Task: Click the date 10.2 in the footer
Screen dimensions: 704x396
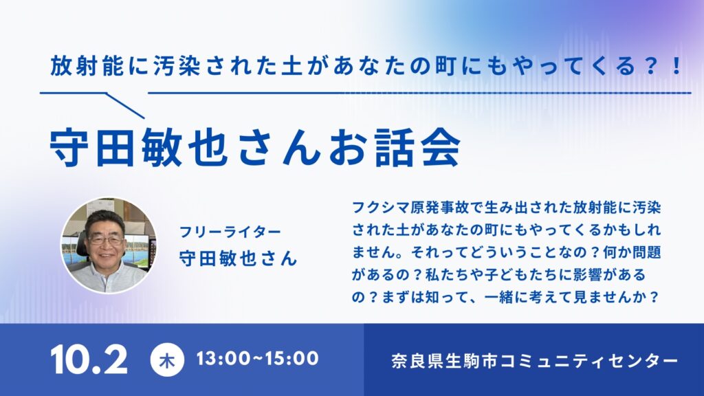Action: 89,360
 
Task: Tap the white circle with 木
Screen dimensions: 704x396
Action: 167,360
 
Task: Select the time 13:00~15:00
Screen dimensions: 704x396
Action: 257,359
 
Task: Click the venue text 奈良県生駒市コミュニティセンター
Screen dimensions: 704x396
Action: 534,360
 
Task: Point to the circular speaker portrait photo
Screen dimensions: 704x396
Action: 109,245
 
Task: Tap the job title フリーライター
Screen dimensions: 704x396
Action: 230,232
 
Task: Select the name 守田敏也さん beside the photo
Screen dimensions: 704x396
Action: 238,258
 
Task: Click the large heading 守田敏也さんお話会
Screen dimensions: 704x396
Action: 255,148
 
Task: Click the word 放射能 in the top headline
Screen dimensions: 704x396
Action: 87,66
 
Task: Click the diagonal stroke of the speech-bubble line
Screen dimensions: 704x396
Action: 125,105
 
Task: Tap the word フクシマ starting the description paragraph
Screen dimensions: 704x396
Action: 381,208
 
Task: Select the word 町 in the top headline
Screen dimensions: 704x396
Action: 445,66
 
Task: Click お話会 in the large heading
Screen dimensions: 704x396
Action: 395,148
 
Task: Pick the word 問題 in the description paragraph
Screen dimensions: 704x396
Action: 646,252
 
